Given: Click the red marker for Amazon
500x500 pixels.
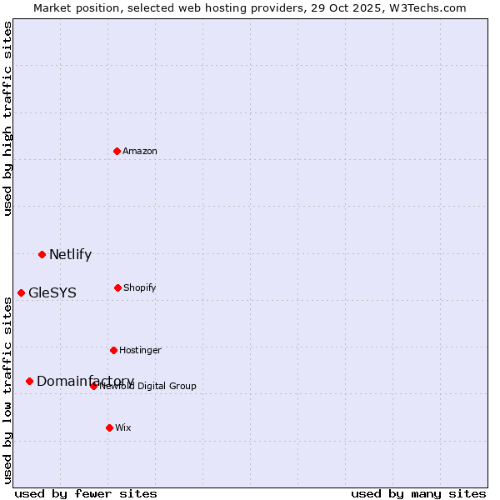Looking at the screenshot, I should tap(117, 151).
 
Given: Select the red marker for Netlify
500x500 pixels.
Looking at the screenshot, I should tap(42, 254).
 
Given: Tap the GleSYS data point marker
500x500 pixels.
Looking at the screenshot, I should tap(21, 292).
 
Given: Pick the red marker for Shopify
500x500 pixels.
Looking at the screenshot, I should tap(117, 287).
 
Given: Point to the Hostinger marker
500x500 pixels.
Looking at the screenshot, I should tap(113, 350).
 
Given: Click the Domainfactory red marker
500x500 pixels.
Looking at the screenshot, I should tap(29, 381).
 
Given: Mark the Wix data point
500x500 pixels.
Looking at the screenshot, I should tap(109, 427).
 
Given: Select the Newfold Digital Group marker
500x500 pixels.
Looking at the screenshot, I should tap(93, 386).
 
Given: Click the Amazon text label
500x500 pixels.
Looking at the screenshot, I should tap(140, 151).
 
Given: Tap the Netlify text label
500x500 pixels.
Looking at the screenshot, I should tap(70, 255).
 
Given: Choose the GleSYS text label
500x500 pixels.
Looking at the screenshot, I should tap(52, 293).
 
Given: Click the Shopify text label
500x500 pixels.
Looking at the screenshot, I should tap(140, 287).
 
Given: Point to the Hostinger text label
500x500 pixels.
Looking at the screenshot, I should tap(140, 350).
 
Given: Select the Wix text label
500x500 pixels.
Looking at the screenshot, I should tap(123, 427).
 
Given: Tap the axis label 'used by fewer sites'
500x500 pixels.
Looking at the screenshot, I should tap(86, 493).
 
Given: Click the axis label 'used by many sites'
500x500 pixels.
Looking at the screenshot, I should tap(418, 493).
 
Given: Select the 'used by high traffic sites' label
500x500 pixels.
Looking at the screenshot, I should tap(8, 118).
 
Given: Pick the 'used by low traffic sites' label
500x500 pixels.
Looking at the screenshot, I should tap(8, 389).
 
